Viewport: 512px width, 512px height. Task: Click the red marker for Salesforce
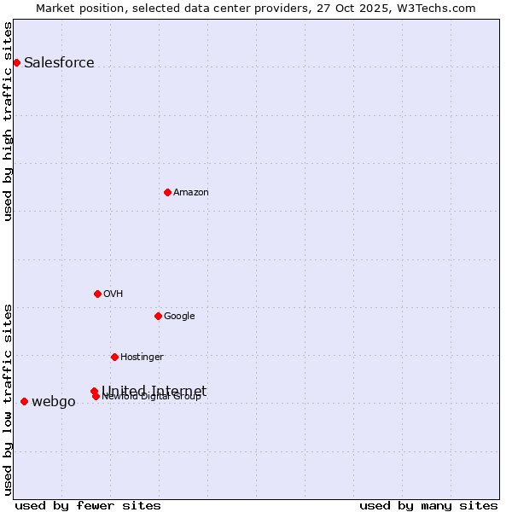[16, 62]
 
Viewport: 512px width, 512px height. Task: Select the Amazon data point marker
[167, 192]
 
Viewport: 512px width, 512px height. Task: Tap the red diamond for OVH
[97, 294]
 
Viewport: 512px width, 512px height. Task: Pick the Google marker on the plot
[158, 316]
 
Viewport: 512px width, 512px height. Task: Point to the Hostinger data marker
[114, 357]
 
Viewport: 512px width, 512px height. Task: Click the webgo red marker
[24, 401]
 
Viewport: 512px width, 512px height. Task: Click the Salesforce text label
[59, 62]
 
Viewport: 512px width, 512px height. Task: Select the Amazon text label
[191, 193]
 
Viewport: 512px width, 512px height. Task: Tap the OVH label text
[113, 294]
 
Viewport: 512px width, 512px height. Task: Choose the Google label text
[179, 317]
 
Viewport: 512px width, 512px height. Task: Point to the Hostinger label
[142, 358]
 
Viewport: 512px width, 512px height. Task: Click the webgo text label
[54, 402]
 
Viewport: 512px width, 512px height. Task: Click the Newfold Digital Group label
[151, 397]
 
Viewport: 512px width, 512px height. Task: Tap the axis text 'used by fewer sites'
[88, 505]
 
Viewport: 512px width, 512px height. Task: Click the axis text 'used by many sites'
[428, 505]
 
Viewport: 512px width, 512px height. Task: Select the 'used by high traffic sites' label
[8, 121]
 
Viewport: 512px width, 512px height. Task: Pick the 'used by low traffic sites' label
[8, 399]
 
